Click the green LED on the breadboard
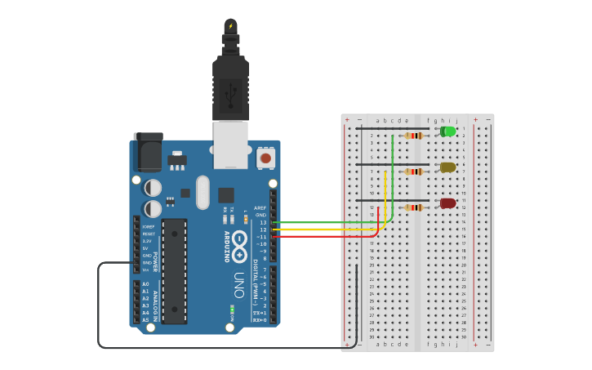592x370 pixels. pos(448,132)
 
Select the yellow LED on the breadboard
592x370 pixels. pos(447,167)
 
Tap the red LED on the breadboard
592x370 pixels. pos(447,203)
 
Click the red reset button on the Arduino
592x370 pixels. pos(265,157)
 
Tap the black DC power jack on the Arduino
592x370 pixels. pos(148,153)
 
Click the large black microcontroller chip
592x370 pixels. pos(174,270)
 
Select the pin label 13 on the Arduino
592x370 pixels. pos(261,222)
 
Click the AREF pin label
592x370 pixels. pos(260,207)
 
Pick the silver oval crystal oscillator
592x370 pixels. pos(203,193)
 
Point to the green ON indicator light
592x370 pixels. pos(232,310)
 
